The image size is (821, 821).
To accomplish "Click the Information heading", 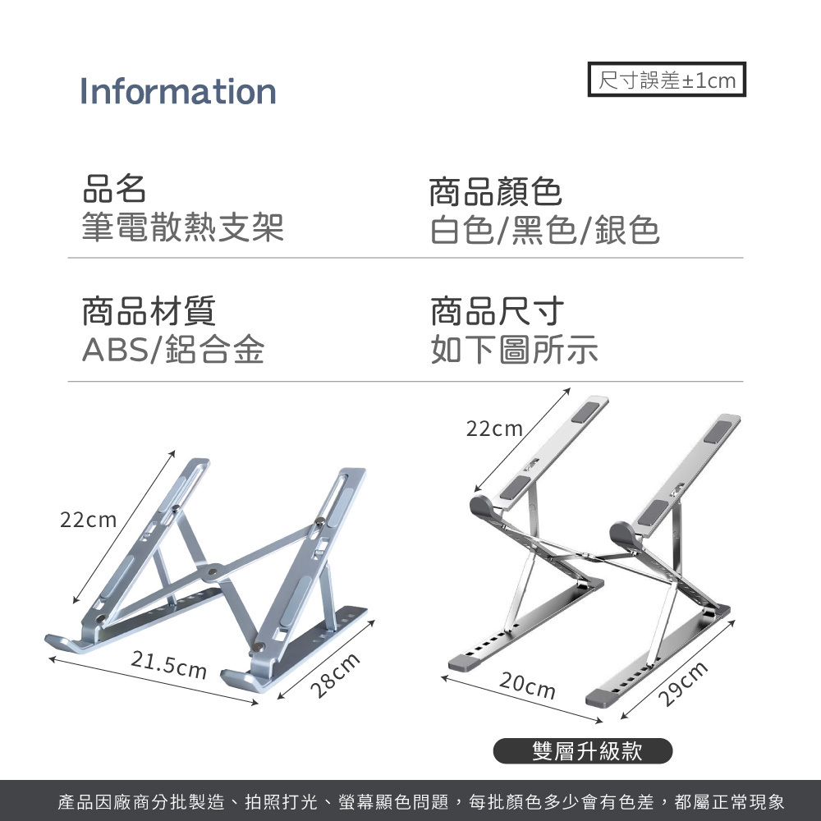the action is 177,91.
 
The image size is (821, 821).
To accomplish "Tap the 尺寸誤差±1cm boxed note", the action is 667,80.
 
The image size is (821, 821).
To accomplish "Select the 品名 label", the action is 115,189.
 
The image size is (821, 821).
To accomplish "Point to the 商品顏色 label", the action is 496,192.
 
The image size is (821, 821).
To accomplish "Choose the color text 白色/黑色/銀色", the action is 545,232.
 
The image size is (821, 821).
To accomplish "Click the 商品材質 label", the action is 149,311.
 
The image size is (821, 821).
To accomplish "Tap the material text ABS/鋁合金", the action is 172,351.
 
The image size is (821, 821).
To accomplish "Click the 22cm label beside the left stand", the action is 89,520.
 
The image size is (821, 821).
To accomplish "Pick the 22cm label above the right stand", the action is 494,429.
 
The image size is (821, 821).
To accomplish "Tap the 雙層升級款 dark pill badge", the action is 583,750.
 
